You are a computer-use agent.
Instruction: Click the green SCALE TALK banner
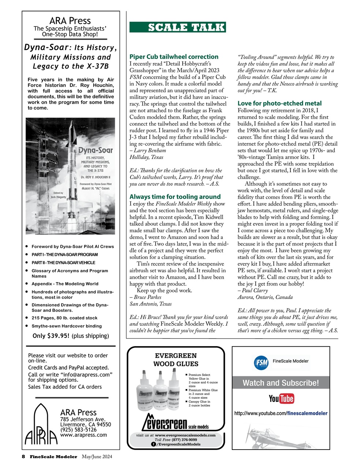coord(178,27)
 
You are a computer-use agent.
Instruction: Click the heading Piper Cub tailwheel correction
coord(174,57)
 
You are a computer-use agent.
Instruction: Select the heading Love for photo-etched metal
coord(279,103)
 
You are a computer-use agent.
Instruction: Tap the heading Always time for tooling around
coord(175,197)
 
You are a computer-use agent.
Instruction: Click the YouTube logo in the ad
coord(281,398)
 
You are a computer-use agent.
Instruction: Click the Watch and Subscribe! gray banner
coord(281,383)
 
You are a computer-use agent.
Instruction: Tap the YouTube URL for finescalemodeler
coord(281,413)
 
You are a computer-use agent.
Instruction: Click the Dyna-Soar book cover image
coord(70,176)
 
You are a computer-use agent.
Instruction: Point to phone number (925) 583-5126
coord(78,429)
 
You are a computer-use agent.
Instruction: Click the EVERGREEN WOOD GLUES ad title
coord(176,360)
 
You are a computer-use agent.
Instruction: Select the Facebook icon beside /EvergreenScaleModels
coord(153,444)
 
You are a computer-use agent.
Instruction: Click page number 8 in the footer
coord(23,457)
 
